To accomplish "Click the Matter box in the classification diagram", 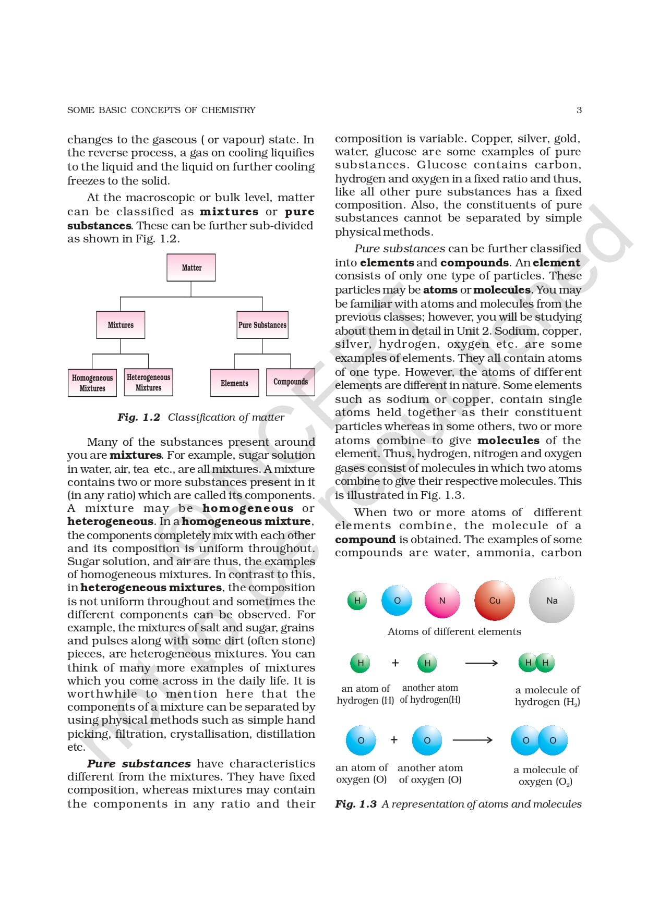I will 191,267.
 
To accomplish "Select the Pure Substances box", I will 262,325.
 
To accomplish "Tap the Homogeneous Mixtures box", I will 92,383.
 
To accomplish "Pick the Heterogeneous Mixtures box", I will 148,382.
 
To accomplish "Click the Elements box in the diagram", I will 234,383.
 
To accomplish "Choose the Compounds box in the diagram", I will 291,382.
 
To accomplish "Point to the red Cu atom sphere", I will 495,601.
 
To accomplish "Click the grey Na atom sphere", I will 552,601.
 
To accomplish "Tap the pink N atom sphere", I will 442,601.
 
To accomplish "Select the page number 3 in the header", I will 579,110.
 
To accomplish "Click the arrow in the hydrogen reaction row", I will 481,663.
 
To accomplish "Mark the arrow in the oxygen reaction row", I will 472,740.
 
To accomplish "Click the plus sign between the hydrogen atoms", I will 395,663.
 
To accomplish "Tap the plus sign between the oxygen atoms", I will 394,740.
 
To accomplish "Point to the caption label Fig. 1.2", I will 139,417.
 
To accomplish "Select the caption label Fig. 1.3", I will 356,804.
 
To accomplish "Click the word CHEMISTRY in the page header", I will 229,110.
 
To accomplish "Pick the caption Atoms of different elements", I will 454,631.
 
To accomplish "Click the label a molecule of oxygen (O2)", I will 546,775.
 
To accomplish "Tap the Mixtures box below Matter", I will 121,325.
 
